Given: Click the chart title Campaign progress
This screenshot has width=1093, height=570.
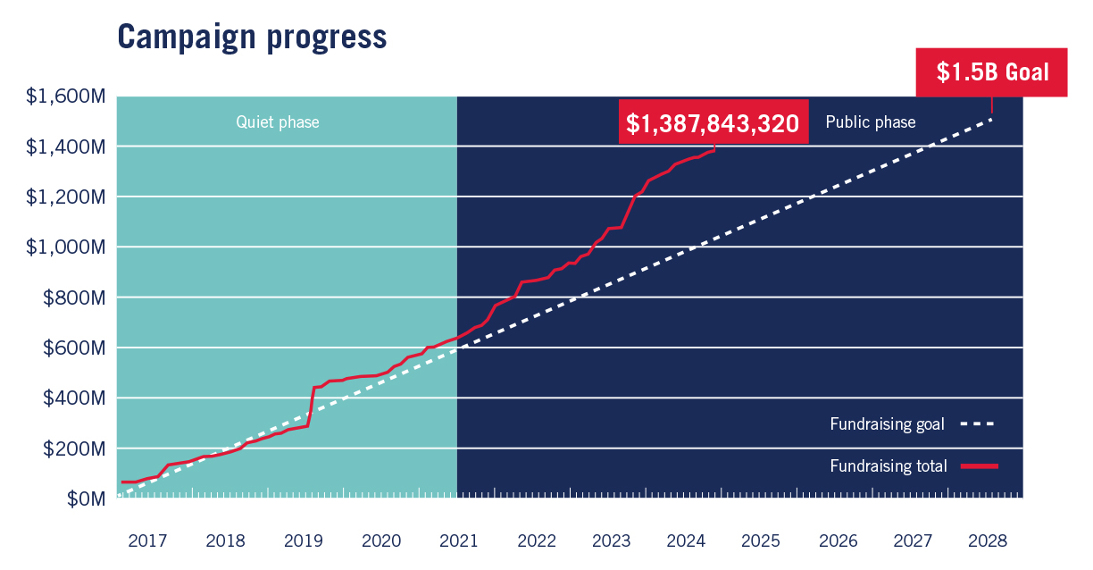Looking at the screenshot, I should click(x=252, y=36).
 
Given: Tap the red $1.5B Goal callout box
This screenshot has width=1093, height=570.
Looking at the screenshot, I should click(x=992, y=72).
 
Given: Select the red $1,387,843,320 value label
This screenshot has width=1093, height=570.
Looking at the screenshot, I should click(x=713, y=123).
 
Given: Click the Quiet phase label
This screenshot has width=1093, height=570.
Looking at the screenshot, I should click(x=277, y=122).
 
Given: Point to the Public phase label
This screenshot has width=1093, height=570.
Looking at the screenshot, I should click(x=870, y=122).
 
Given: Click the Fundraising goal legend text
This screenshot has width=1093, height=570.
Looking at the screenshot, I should click(x=887, y=424).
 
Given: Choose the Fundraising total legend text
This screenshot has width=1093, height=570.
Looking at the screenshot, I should click(x=888, y=465).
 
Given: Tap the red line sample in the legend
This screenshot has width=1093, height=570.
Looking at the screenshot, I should click(x=979, y=465).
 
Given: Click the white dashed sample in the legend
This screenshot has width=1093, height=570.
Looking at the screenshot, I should click(x=978, y=424).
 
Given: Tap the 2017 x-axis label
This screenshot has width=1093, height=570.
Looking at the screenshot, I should click(x=147, y=541).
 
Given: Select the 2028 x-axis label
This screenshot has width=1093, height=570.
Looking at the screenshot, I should click(x=988, y=541).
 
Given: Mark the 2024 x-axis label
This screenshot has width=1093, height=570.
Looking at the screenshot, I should click(x=687, y=541).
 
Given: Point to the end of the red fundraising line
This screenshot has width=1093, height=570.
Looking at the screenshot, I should click(x=714, y=149).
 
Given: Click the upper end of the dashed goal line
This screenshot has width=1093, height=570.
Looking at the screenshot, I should click(x=991, y=119).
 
